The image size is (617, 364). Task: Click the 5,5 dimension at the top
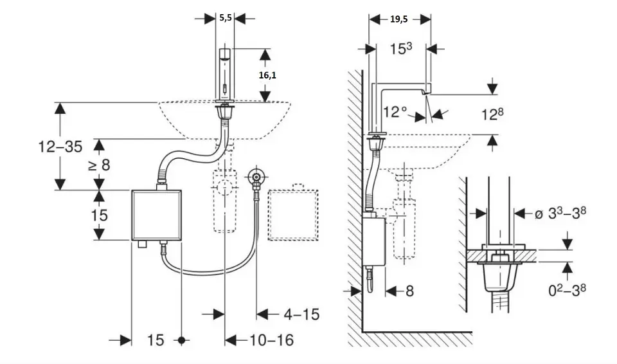pyautogui.click(x=226, y=18)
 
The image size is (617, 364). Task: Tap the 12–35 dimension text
pyautogui.click(x=58, y=146)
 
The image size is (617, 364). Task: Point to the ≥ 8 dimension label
pyautogui.click(x=99, y=165)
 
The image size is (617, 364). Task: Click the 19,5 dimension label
pyautogui.click(x=398, y=19)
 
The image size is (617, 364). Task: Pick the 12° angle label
pyautogui.click(x=397, y=111)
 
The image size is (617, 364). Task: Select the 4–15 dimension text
pyautogui.click(x=301, y=314)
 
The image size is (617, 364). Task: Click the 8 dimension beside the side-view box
pyautogui.click(x=409, y=291)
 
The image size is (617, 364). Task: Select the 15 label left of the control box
pyautogui.click(x=99, y=214)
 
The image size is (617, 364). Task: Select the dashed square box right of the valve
pyautogui.click(x=294, y=215)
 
